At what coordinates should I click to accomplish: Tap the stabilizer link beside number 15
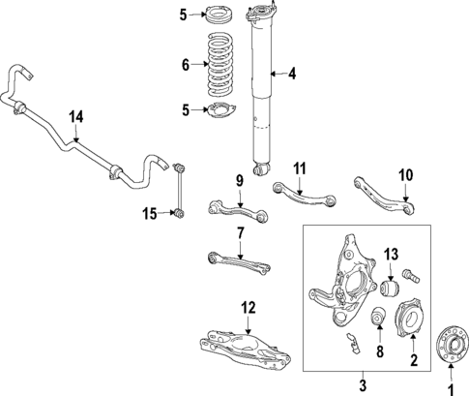180,191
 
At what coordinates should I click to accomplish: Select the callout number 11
300,168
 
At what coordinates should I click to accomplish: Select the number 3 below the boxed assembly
364,384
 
